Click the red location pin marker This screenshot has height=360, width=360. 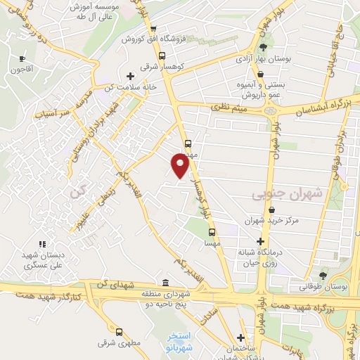(x=181, y=165)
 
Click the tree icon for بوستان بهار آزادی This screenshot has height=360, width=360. (x=264, y=47)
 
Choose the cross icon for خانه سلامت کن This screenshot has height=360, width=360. (x=129, y=75)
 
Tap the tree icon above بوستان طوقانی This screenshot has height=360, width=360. (x=323, y=276)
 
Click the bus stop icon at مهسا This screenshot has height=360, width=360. (x=211, y=230)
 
